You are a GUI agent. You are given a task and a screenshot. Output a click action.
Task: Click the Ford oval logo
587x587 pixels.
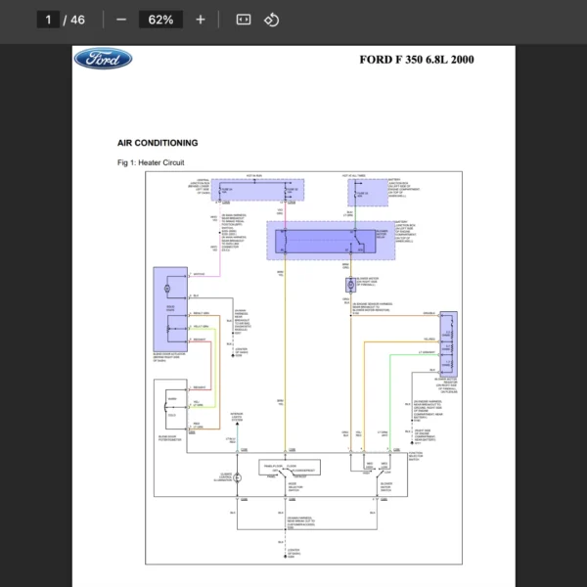pyautogui.click(x=103, y=60)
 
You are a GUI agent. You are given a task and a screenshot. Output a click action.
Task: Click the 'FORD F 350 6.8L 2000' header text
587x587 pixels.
pyautogui.click(x=417, y=60)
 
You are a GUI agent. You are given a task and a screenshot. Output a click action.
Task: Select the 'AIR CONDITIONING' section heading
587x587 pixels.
pyautogui.click(x=158, y=143)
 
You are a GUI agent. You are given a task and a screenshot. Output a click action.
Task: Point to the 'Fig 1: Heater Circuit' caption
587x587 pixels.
pyautogui.click(x=151, y=162)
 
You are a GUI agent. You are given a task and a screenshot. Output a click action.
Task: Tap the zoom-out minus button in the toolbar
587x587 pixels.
pyautogui.click(x=121, y=20)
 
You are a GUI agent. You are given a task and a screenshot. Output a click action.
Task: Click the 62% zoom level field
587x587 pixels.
pyautogui.click(x=161, y=20)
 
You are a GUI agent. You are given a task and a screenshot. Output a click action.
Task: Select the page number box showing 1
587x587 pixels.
pyautogui.click(x=48, y=20)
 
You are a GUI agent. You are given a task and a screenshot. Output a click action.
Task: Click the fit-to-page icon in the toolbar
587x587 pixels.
pyautogui.click(x=244, y=20)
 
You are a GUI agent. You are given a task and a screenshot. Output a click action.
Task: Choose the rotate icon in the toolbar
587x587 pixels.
pyautogui.click(x=273, y=20)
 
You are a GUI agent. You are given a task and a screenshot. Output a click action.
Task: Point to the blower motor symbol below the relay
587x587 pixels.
pyautogui.click(x=349, y=286)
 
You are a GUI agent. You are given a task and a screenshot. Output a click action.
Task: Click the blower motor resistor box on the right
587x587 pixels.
pyautogui.click(x=448, y=342)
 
